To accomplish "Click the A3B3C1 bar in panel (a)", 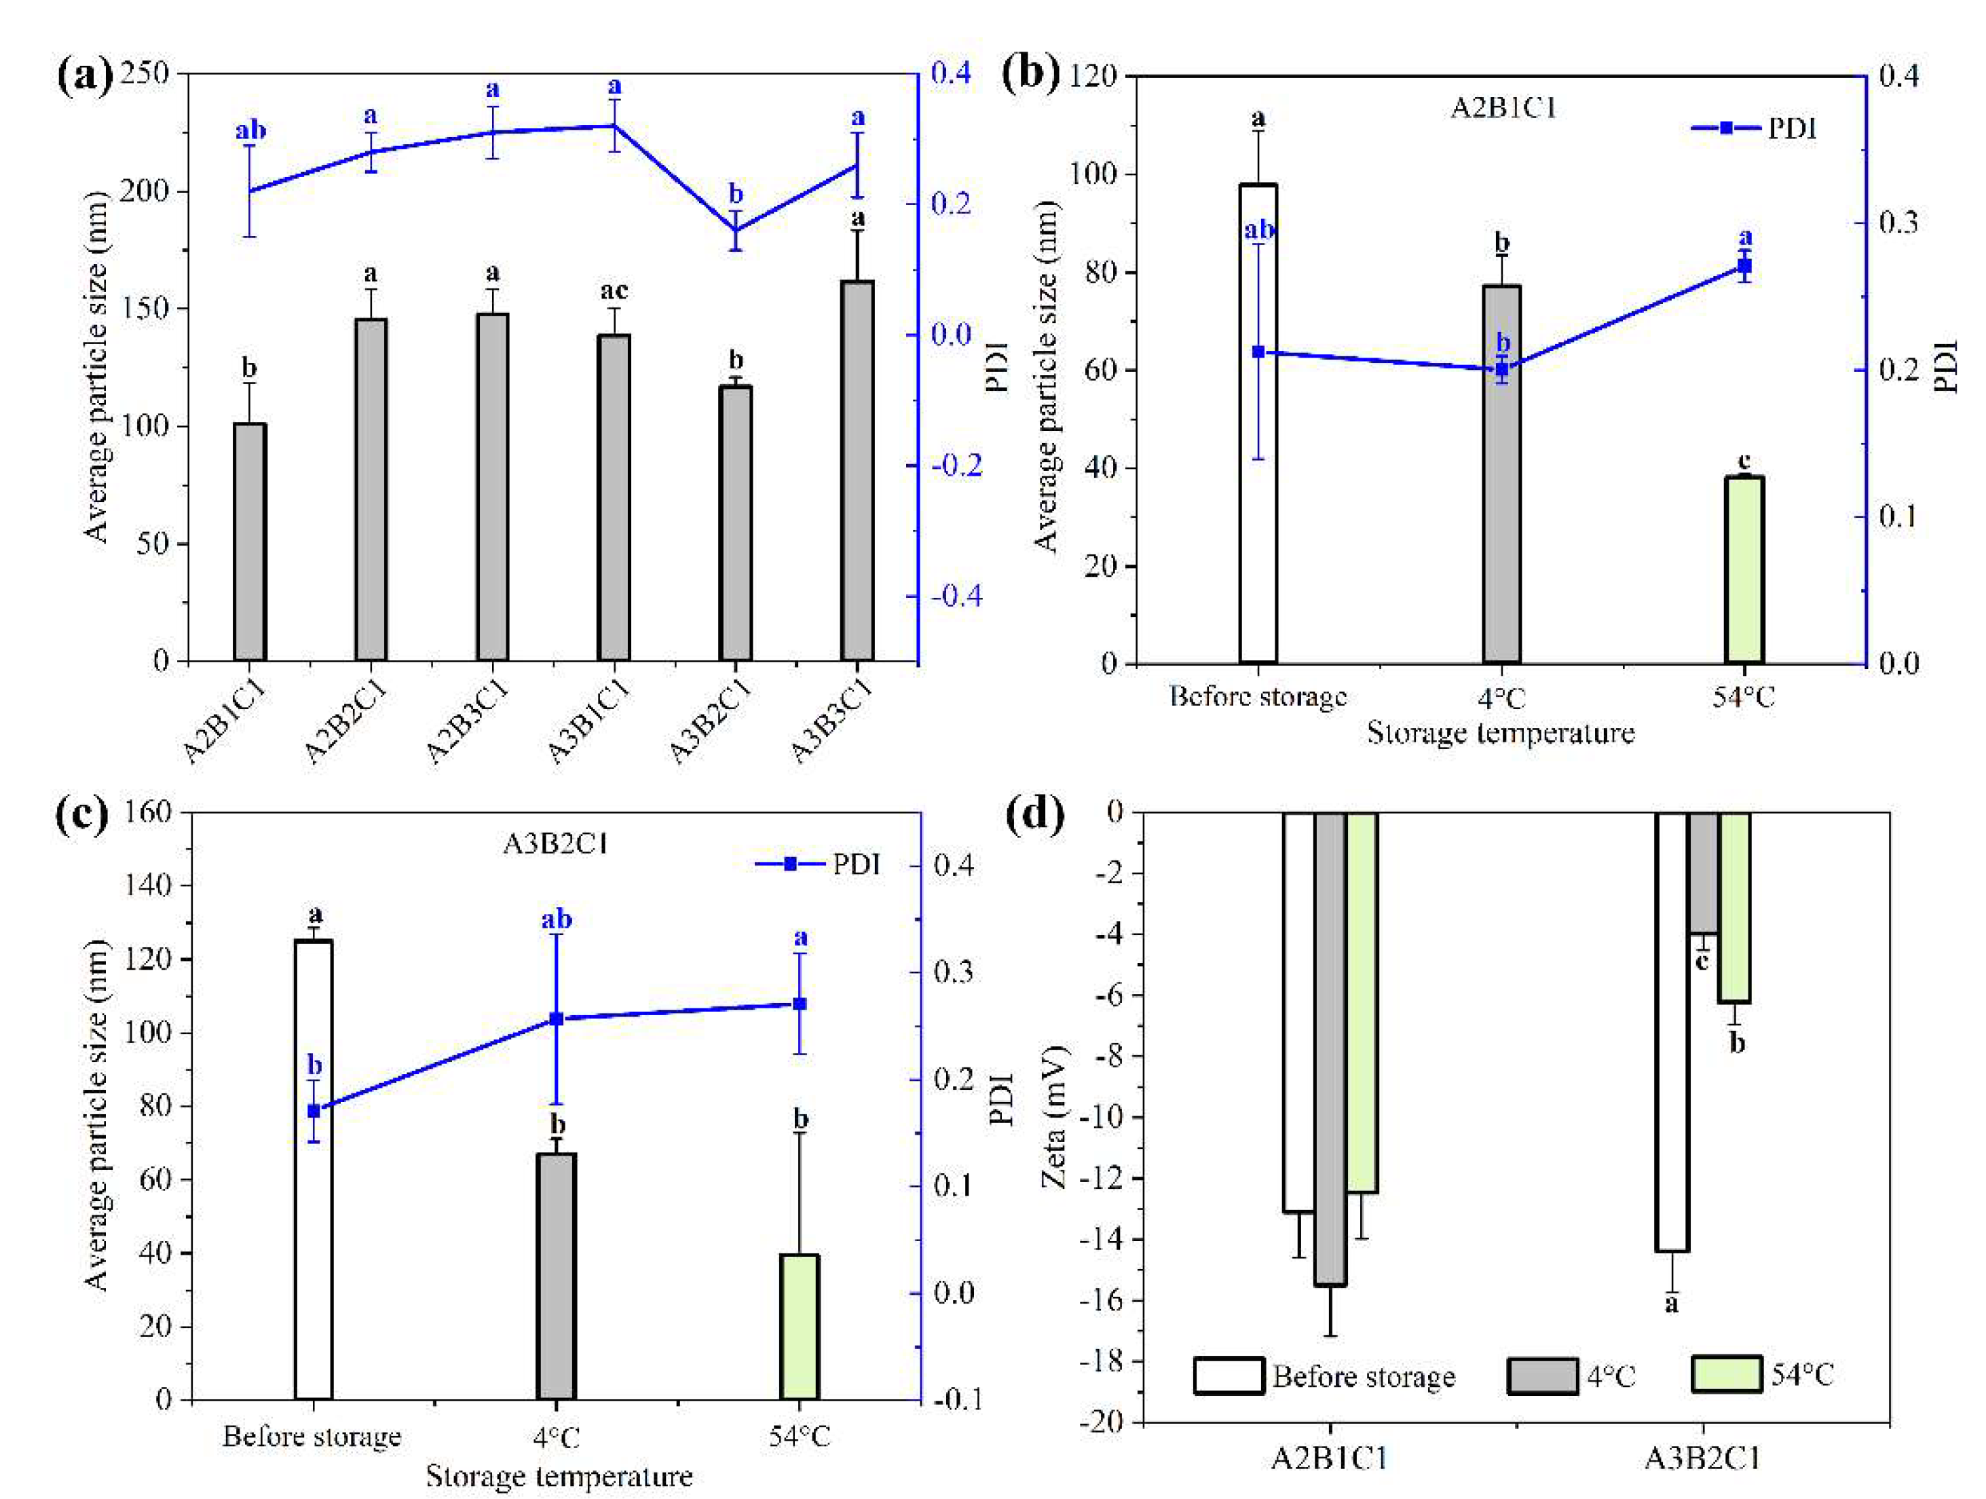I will (x=857, y=471).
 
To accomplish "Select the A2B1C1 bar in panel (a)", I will (x=250, y=542).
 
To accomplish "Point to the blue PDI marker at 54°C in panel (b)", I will (x=1744, y=267).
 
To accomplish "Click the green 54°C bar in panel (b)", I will (x=1744, y=570).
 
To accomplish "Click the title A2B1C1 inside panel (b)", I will (x=1503, y=108).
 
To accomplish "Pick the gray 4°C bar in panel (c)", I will (x=556, y=1276).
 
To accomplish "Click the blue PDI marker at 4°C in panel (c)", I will (x=556, y=1019).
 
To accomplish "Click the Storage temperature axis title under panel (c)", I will (x=559, y=1477).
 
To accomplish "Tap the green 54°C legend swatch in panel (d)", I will (x=1725, y=1375).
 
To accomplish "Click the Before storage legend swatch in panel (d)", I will (x=1229, y=1375).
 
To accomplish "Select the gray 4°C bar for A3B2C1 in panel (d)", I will (x=1703, y=873).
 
